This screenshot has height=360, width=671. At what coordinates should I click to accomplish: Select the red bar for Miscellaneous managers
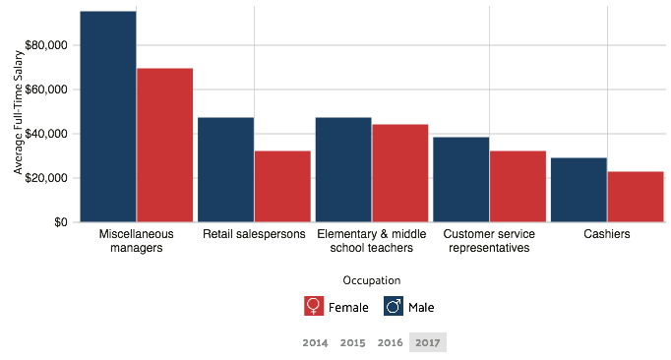pyautogui.click(x=164, y=145)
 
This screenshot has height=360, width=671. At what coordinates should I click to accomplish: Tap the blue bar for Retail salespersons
pyautogui.click(x=225, y=169)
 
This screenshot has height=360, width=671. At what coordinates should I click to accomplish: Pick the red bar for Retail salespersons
pyautogui.click(x=282, y=186)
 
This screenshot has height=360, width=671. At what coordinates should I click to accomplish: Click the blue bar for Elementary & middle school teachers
pyautogui.click(x=342, y=169)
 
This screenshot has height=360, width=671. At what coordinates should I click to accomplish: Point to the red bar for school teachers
pyautogui.click(x=399, y=173)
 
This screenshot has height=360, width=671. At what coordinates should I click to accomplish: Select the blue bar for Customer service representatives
pyautogui.click(x=460, y=179)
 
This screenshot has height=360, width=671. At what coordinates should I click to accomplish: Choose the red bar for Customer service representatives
pyautogui.click(x=518, y=186)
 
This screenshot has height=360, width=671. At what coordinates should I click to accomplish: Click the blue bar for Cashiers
pyautogui.click(x=579, y=190)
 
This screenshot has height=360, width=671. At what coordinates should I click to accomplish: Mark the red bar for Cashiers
pyautogui.click(x=636, y=197)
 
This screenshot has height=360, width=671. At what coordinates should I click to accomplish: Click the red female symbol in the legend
pyautogui.click(x=314, y=306)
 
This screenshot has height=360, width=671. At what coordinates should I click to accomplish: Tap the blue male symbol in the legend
pyautogui.click(x=393, y=306)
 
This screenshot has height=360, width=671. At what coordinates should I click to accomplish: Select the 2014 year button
pyautogui.click(x=316, y=342)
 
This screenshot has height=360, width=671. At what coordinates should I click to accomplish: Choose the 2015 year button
pyautogui.click(x=353, y=342)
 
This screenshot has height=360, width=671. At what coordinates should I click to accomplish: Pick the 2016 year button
pyautogui.click(x=391, y=342)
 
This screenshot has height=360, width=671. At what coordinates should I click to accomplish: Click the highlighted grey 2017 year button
pyautogui.click(x=428, y=342)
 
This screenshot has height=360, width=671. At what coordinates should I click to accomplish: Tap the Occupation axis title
pyautogui.click(x=372, y=281)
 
